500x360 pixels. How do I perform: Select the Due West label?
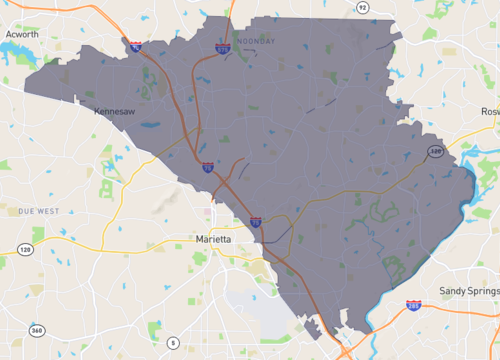(x=37, y=212)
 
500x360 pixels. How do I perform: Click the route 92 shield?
(x=362, y=8)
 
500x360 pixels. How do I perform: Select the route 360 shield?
(x=37, y=331)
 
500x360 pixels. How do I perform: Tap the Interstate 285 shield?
(x=413, y=305)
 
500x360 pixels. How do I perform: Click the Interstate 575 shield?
(x=222, y=48)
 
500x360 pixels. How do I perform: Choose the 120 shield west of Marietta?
(x=25, y=249)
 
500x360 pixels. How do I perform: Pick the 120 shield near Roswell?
(x=435, y=152)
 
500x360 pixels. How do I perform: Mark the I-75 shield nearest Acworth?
(x=133, y=45)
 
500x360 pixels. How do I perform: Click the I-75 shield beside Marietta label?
(x=256, y=222)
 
